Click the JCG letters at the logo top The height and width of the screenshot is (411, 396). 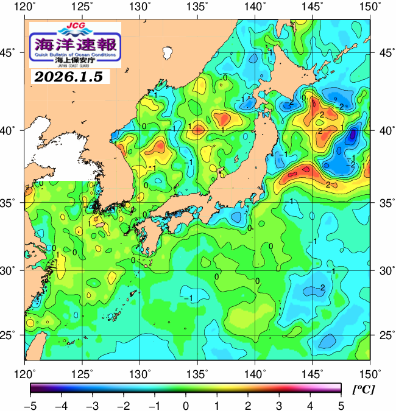pyautogui.click(x=75, y=27)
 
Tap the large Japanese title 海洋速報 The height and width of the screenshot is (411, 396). pyautogui.click(x=76, y=44)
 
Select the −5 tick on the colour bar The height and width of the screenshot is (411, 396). pyautogui.click(x=30, y=404)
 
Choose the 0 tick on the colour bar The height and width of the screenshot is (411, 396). pyautogui.click(x=185, y=404)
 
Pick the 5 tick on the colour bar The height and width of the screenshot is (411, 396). pyautogui.click(x=341, y=404)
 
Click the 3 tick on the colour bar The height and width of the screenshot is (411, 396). pyautogui.click(x=278, y=404)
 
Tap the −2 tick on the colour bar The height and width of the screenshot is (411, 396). pyautogui.click(x=123, y=404)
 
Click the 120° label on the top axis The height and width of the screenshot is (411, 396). pyautogui.click(x=25, y=7)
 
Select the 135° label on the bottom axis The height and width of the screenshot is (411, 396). pyautogui.click(x=197, y=372)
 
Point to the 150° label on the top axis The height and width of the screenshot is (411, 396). pyautogui.click(x=370, y=7)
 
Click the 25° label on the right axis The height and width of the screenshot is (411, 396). pyautogui.click(x=385, y=335)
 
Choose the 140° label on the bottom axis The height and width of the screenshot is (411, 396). pyautogui.click(x=255, y=372)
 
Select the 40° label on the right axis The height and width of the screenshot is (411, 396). pyautogui.click(x=385, y=130)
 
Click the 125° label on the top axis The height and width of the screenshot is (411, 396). pyautogui.click(x=83, y=7)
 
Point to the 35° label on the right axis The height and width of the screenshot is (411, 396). pyautogui.click(x=385, y=202)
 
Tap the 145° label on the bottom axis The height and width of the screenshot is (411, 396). pyautogui.click(x=313, y=372)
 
